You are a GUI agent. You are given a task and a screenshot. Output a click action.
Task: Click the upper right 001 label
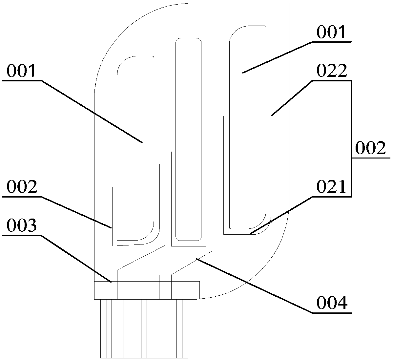pos(331,33)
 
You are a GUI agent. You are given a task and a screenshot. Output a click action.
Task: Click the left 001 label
pos(21,71)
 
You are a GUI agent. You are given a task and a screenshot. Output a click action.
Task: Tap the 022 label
pos(331,71)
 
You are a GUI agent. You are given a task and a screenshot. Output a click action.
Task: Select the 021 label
pos(331,187)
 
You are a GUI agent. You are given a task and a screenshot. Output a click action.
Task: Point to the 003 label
pos(21,226)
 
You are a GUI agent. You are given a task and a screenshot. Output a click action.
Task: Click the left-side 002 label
pos(21,187)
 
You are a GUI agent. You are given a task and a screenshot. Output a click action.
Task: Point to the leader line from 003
pos(75,258)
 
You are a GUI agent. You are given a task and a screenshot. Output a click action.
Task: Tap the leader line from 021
pos(280,215)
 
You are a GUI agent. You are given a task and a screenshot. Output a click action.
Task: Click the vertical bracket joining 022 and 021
pos(351,138)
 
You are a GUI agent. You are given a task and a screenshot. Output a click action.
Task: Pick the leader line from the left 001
pos(92,111)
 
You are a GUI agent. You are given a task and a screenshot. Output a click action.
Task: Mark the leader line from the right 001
pos(277,57)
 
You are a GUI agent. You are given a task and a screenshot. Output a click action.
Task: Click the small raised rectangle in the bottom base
pos(144,287)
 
